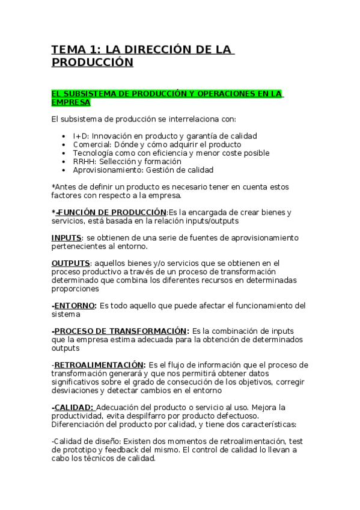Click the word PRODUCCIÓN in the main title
tap(91, 62)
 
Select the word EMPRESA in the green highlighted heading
tap(70, 102)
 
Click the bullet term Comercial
tap(91, 144)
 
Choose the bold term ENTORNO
tap(75, 305)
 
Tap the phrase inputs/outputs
tap(202, 221)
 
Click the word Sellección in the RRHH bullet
tap(118, 161)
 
